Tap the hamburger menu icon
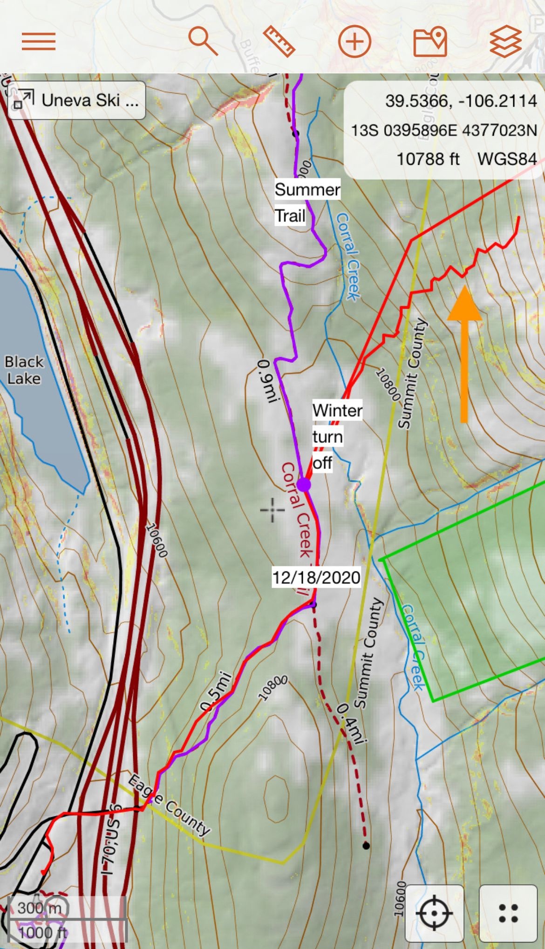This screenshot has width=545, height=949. (39, 41)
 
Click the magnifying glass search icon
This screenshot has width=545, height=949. (203, 41)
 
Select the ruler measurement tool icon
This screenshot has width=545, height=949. (279, 41)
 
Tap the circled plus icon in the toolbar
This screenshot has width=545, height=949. (354, 41)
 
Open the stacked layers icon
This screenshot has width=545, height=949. (505, 41)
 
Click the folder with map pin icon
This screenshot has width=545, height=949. (430, 41)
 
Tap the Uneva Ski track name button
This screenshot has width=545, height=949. (77, 100)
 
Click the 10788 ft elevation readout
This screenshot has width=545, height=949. (428, 159)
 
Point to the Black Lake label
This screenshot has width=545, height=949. (24, 370)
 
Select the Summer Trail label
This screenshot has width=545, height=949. (307, 203)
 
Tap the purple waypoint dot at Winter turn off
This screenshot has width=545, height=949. (304, 484)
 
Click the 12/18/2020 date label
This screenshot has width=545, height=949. (316, 577)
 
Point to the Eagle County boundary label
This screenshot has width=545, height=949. (169, 805)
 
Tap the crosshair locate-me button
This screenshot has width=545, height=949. (434, 913)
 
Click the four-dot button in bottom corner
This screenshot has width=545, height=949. (508, 913)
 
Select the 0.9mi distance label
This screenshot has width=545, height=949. (266, 381)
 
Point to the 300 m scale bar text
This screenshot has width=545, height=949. (39, 907)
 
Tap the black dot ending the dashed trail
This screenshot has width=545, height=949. (366, 845)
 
